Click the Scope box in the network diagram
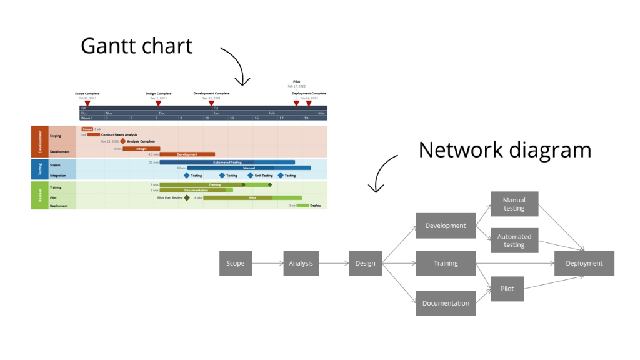pyautogui.click(x=235, y=263)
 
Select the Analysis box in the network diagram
pyautogui.click(x=301, y=263)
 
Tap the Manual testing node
pyautogui.click(x=514, y=204)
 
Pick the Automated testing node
pyautogui.click(x=514, y=241)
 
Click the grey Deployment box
pyautogui.click(x=584, y=263)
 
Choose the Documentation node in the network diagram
pyautogui.click(x=446, y=303)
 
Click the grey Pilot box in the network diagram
pyautogui.click(x=507, y=289)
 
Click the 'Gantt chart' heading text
pyautogui.click(x=137, y=46)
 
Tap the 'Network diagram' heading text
pyautogui.click(x=504, y=150)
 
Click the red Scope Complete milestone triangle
pyautogui.click(x=87, y=103)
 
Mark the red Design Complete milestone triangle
pyautogui.click(x=158, y=103)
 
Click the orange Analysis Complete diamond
pyautogui.click(x=123, y=141)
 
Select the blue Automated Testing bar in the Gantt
pyautogui.click(x=227, y=162)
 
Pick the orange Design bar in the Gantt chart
pyautogui.click(x=141, y=149)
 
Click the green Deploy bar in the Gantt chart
pyautogui.click(x=302, y=205)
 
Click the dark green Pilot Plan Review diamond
pyautogui.click(x=187, y=197)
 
